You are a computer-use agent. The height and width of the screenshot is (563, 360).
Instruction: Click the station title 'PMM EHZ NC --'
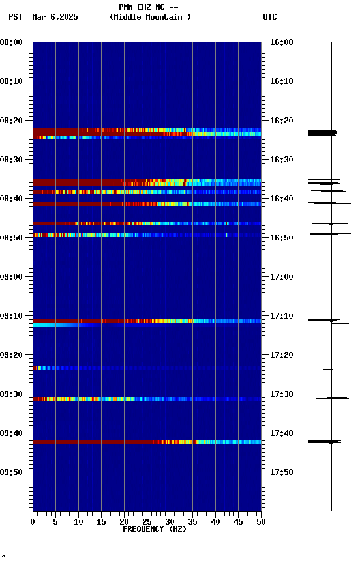click(x=149, y=7)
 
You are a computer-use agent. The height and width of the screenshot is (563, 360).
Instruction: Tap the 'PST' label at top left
click(x=16, y=17)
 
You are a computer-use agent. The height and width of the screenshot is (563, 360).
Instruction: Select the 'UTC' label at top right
click(x=270, y=17)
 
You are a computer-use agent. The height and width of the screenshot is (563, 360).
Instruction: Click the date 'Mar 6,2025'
click(x=55, y=17)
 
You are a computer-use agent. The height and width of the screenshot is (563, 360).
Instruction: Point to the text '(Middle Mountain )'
click(x=151, y=17)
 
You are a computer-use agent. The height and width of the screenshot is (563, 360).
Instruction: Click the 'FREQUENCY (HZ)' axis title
click(x=154, y=529)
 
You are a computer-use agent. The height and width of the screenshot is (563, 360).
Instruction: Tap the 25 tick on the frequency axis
click(x=147, y=522)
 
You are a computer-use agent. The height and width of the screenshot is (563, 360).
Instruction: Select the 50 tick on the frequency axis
click(x=261, y=522)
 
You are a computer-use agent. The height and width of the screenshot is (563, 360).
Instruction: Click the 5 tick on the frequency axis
click(x=55, y=522)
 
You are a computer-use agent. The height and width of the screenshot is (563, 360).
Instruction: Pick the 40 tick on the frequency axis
click(x=215, y=522)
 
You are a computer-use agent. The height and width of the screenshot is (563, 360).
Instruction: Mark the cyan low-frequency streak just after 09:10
click(x=55, y=325)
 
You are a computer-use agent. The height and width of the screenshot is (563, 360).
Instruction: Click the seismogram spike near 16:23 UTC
click(x=322, y=133)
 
